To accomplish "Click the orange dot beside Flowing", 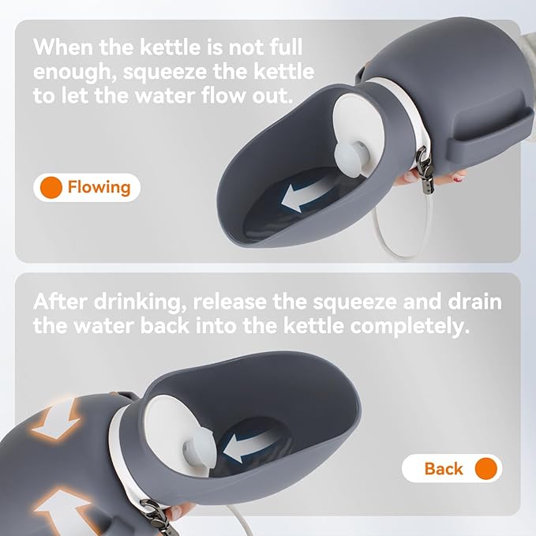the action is [51, 187].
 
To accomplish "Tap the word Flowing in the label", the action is [99, 187].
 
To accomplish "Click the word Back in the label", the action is [444, 468].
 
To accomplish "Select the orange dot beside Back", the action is [485, 468].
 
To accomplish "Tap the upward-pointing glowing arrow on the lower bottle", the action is [63, 511].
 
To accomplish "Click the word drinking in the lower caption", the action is [141, 302].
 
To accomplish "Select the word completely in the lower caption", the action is [410, 327].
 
